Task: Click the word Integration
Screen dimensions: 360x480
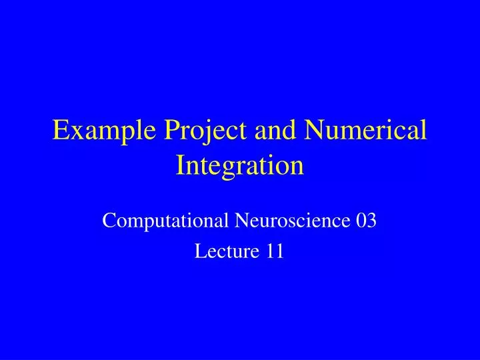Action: (x=240, y=165)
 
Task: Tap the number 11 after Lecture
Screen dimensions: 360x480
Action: (x=275, y=251)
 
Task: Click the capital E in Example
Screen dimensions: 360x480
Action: (x=60, y=131)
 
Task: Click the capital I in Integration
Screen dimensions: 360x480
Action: (x=181, y=165)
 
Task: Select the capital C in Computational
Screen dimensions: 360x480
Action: (x=109, y=219)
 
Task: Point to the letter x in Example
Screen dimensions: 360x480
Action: (x=75, y=133)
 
